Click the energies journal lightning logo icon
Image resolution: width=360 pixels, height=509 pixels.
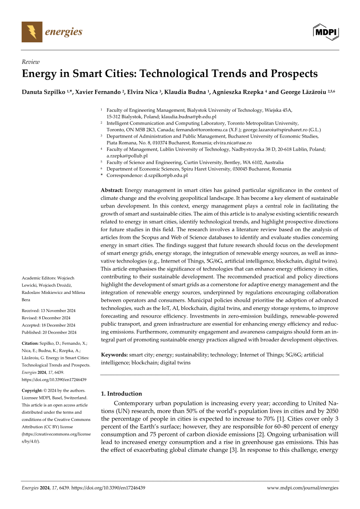pos(32,32)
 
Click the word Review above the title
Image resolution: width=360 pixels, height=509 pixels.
pos(30,61)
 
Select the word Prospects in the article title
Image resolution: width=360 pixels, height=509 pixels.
pos(293,74)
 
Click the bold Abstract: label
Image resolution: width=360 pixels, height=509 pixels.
pos(112,191)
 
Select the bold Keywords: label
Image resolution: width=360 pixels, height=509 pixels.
pos(114,355)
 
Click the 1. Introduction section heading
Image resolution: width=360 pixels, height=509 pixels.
pos(122,393)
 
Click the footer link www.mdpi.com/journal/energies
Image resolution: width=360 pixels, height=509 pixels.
pos(303,488)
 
